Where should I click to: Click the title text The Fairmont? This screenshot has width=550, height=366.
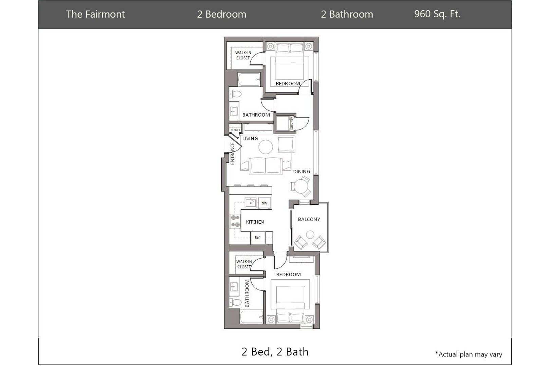(95, 14)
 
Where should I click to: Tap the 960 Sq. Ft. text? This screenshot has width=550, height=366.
(437, 14)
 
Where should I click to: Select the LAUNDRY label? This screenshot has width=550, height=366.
(292, 124)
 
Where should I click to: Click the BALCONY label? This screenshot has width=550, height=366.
(309, 219)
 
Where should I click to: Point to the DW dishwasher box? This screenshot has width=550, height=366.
(264, 203)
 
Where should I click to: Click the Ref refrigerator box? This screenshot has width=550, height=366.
(257, 237)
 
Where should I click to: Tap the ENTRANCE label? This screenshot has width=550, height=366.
(233, 154)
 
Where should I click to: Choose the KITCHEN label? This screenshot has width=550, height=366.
(255, 222)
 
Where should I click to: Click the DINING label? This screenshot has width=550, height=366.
(301, 171)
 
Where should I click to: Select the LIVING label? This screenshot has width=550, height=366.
(250, 139)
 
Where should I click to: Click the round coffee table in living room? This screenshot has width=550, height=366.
(265, 147)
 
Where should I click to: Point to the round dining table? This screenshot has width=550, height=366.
(301, 186)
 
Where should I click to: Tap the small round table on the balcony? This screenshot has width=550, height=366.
(310, 235)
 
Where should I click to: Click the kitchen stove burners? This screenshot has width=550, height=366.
(235, 221)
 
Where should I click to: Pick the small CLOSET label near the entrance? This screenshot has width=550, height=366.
(235, 130)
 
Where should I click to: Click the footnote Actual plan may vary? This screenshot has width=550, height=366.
(469, 354)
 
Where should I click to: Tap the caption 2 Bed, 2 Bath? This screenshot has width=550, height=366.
(275, 352)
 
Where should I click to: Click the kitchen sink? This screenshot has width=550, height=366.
(251, 203)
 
